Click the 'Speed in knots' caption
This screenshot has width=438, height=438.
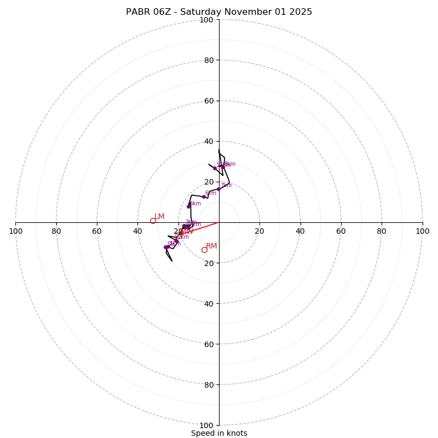coord(219,433)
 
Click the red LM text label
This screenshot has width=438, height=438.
coord(159,217)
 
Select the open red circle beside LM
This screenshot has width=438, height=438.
coord(153,221)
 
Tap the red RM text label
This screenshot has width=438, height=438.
coord(211,246)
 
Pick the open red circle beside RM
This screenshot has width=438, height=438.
coord(204,250)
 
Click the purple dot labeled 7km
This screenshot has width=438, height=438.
coord(218,189)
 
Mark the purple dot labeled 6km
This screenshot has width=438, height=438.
coord(204,197)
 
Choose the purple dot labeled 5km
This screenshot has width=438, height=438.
coord(188,206)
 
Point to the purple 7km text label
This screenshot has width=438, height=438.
coord(226,186)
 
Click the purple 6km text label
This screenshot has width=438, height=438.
coord(211,193)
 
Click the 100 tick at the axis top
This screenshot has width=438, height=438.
coord(206,20)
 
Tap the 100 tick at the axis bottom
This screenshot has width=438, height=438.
coord(206,425)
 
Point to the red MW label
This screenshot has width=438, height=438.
coord(187,232)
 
